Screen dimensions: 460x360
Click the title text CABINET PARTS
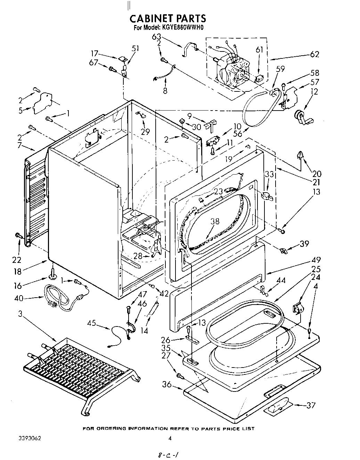tap(168, 18)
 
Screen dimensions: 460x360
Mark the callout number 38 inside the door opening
tap(215, 221)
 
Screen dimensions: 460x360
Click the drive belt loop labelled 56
tap(257, 111)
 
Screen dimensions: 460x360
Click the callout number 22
tap(16, 260)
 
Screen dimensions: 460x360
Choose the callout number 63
tap(156, 37)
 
